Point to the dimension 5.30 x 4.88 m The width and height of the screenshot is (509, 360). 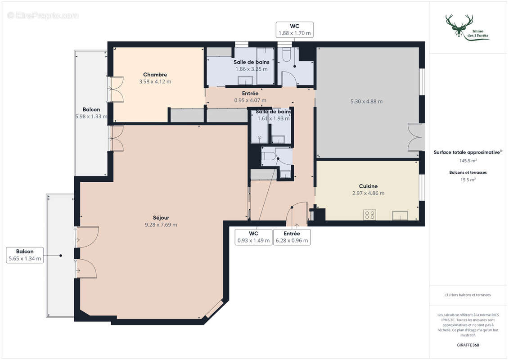click(x=366, y=102)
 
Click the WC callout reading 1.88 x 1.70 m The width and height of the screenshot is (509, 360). click(x=294, y=30)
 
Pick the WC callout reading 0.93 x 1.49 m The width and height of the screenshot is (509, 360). click(x=253, y=237)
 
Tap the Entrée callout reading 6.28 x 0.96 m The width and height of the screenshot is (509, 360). click(x=292, y=237)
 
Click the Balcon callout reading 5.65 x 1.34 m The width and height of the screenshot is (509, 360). click(x=25, y=255)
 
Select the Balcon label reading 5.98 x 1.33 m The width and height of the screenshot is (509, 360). click(x=91, y=113)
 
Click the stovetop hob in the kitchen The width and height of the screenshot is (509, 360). click(x=369, y=215)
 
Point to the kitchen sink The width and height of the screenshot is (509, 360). click(x=400, y=216)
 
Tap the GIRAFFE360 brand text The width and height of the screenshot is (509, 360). click(x=468, y=346)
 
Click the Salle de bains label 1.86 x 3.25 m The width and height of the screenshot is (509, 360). click(x=251, y=66)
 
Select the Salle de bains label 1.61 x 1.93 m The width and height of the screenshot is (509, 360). click(x=273, y=115)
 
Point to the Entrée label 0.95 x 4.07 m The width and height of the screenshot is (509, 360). click(x=250, y=97)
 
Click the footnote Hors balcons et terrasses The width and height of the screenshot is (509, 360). click(x=468, y=295)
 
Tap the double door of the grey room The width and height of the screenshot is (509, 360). click(x=415, y=137)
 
